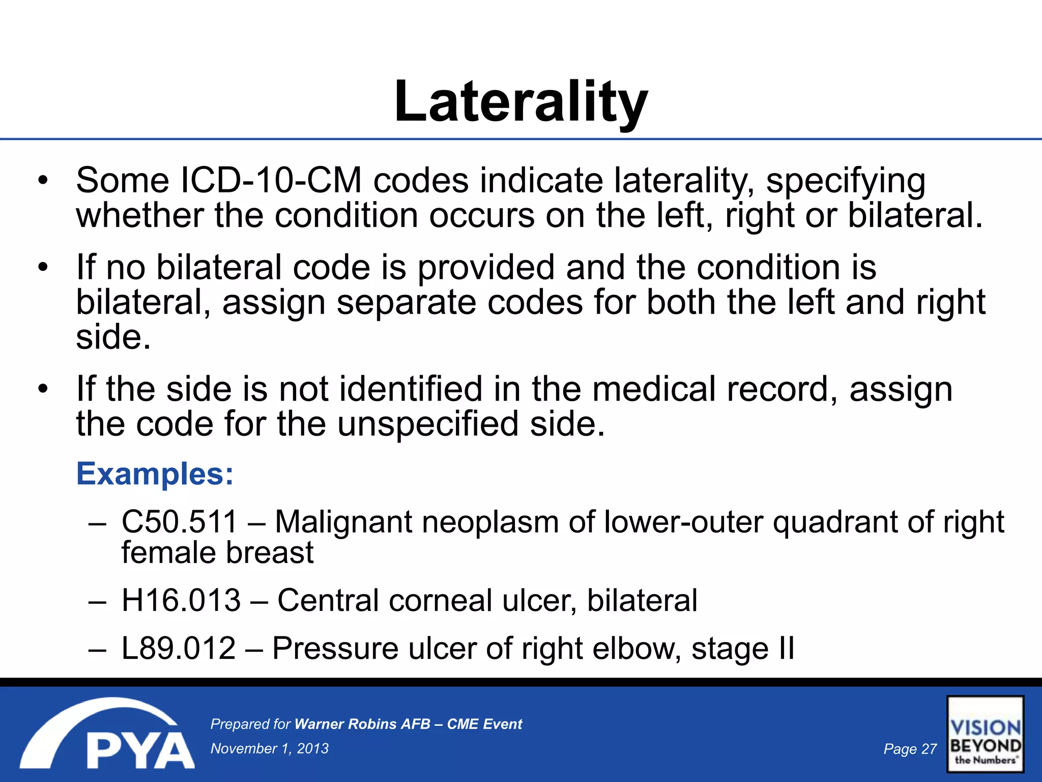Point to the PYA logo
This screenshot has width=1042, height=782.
pos(107,733)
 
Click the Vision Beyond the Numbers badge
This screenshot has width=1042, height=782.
pos(986,734)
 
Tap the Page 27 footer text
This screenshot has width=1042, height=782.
pos(910,749)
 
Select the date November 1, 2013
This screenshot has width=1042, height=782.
pos(270,748)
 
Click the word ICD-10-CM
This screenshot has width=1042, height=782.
pos(271,180)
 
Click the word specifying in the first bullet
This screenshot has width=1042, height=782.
pos(846,182)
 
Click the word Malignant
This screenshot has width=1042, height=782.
pos(343,523)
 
